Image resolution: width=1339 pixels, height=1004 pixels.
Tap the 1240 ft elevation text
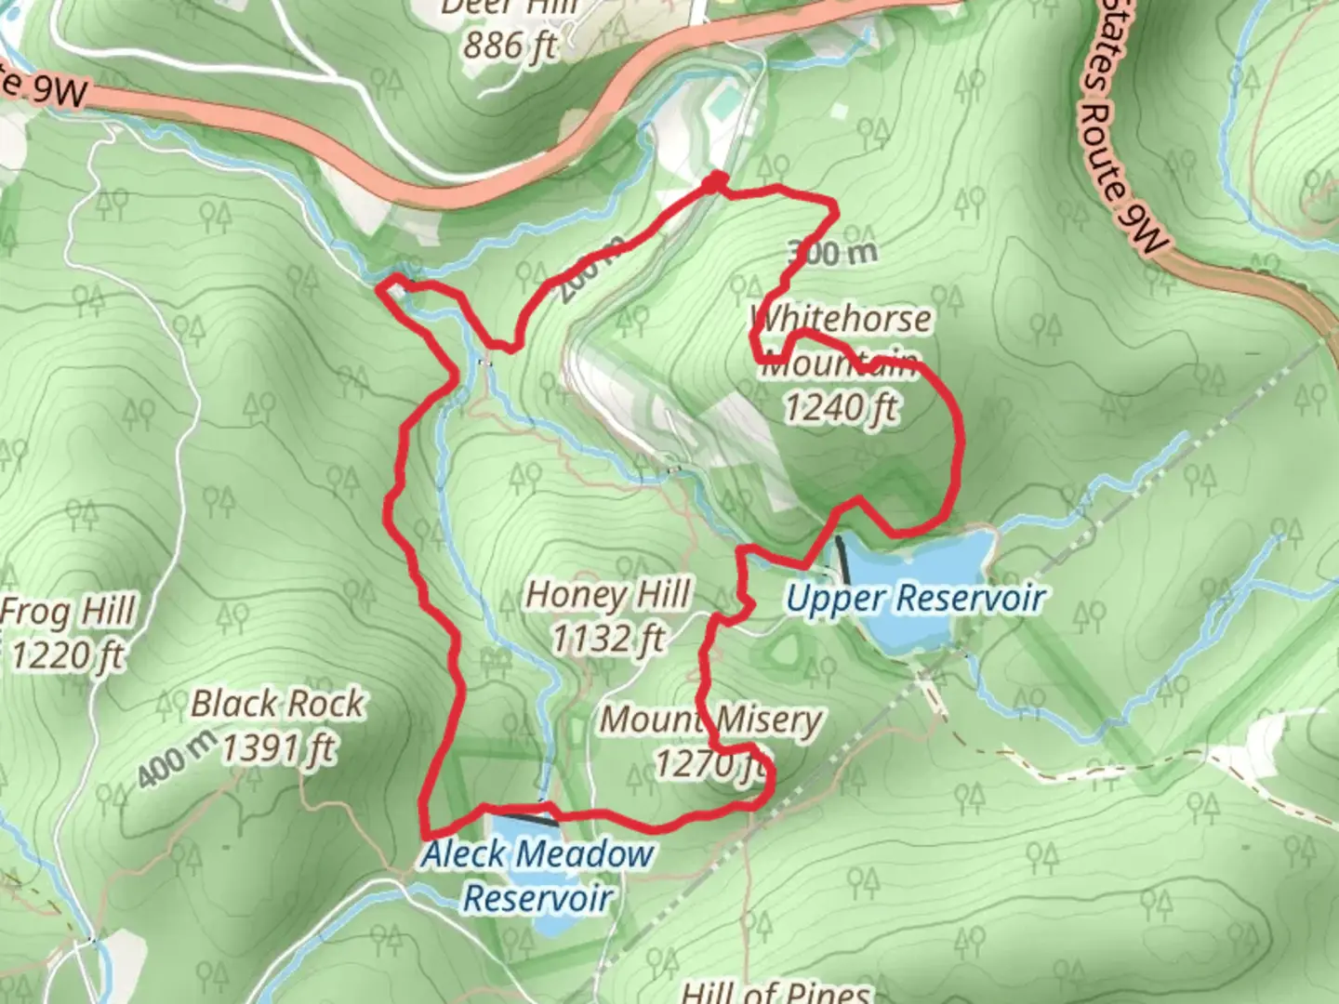point(841,407)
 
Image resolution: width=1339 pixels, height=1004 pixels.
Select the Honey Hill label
point(608,595)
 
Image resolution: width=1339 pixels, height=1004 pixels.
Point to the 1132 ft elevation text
point(608,639)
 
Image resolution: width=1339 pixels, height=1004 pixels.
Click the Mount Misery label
point(711,719)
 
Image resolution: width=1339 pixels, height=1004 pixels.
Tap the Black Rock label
point(277,704)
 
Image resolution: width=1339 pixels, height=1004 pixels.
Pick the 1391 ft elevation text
point(277,747)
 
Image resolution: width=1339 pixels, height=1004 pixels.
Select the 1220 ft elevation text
point(67,656)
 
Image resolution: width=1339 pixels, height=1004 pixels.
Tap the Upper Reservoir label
point(916,598)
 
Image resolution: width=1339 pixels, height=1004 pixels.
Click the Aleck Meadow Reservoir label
point(538,875)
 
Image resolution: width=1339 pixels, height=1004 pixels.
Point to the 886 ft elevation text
point(510,44)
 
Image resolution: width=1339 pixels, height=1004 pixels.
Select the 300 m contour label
point(831,252)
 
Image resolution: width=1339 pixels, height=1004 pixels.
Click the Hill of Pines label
point(775,992)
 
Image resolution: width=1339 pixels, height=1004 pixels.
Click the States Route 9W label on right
point(1120,149)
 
